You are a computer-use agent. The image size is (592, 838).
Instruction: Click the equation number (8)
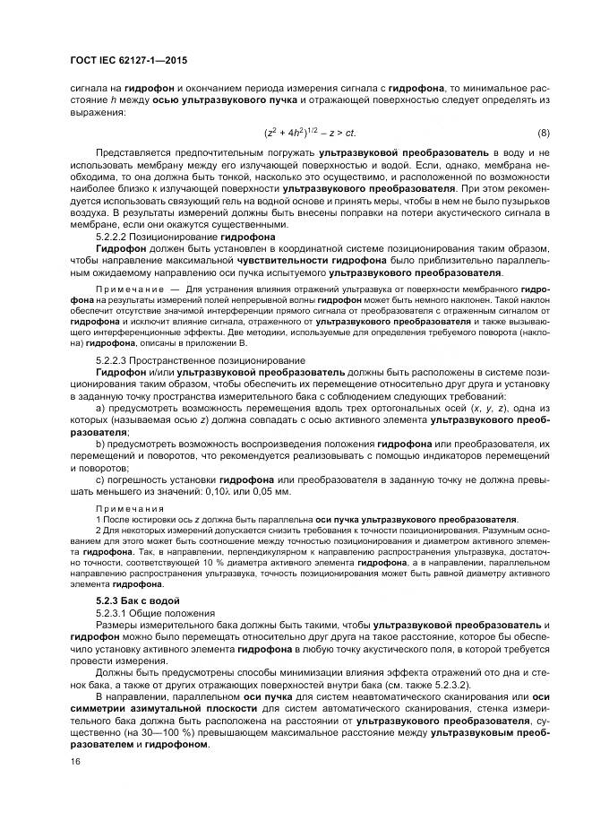point(543,134)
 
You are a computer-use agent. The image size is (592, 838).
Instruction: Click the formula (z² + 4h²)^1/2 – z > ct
point(310,134)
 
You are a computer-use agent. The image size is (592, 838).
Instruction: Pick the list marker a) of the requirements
point(100,408)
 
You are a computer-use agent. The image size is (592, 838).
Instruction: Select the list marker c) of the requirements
point(100,479)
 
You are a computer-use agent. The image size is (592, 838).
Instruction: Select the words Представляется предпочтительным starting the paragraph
point(166,153)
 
